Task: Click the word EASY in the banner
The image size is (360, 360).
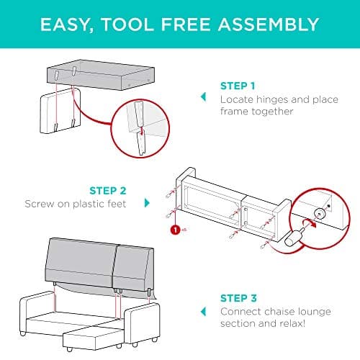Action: tap(67, 24)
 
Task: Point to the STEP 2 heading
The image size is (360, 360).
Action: tap(109, 191)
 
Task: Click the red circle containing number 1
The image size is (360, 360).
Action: tap(174, 231)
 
